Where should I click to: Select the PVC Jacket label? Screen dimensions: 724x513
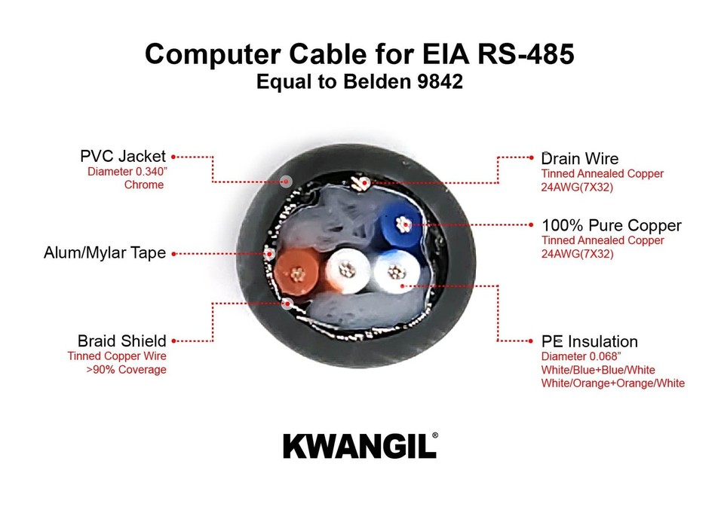click(x=122, y=157)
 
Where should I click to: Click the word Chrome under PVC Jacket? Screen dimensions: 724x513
click(x=144, y=185)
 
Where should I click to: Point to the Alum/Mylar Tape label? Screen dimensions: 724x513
click(x=104, y=253)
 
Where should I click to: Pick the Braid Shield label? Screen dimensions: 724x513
click(x=121, y=341)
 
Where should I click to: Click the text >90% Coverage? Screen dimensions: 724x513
click(x=127, y=370)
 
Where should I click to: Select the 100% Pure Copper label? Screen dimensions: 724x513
click(x=611, y=225)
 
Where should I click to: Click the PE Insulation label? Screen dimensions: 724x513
click(x=589, y=342)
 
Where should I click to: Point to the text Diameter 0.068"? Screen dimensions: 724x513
click(x=580, y=356)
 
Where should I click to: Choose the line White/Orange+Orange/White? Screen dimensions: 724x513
click(x=612, y=383)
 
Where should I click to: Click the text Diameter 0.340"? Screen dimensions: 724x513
click(x=127, y=171)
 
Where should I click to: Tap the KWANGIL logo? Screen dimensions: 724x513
click(x=359, y=446)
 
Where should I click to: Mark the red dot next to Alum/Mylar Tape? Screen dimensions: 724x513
click(x=173, y=254)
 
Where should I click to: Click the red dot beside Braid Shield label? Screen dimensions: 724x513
click(x=173, y=341)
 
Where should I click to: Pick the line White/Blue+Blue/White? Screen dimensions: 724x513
click(x=598, y=370)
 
